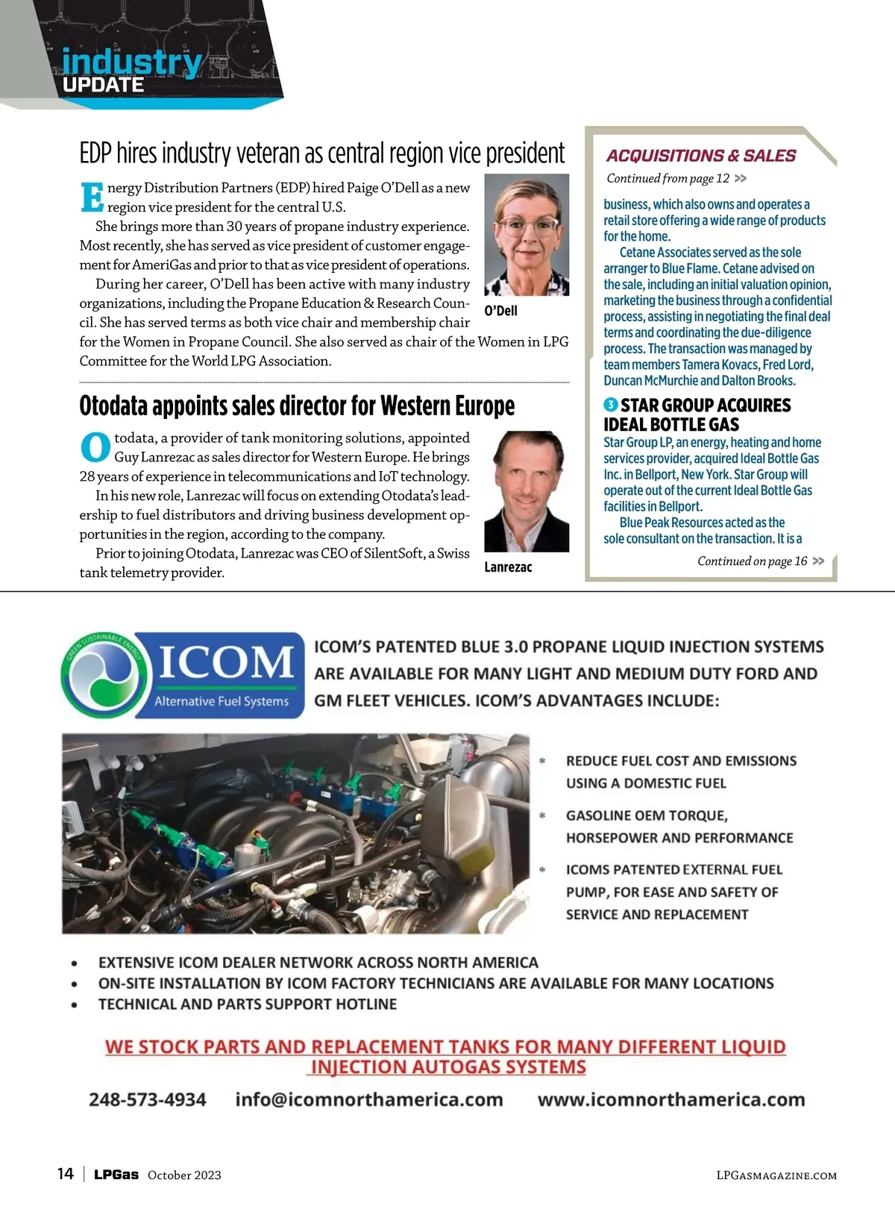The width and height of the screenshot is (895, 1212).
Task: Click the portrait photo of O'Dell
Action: (x=527, y=235)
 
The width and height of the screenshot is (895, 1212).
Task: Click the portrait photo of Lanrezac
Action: (x=527, y=491)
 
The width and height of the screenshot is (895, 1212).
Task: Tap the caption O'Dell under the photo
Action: (x=500, y=311)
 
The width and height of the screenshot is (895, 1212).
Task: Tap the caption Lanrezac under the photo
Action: (x=508, y=567)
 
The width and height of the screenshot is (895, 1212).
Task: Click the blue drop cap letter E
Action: (x=92, y=197)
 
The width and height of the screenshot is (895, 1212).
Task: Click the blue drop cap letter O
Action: (x=95, y=447)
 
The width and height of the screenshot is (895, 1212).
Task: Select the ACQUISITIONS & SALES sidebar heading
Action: (x=700, y=156)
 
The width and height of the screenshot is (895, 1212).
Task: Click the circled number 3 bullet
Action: (x=610, y=405)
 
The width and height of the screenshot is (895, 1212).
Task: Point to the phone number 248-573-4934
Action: (x=148, y=1099)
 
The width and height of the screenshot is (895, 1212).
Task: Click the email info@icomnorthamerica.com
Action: (x=368, y=1099)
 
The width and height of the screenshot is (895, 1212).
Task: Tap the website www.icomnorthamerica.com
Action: (x=671, y=1099)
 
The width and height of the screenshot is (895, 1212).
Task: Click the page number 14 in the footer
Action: (x=66, y=1174)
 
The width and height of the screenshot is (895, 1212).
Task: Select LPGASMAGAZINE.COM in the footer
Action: (x=776, y=1175)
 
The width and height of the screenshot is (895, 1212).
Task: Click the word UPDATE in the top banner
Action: (x=103, y=85)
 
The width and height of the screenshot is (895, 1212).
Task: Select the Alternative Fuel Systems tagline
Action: (x=221, y=701)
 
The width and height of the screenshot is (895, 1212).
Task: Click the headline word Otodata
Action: (x=114, y=406)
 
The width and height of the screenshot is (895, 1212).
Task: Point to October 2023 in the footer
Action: (x=184, y=1175)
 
